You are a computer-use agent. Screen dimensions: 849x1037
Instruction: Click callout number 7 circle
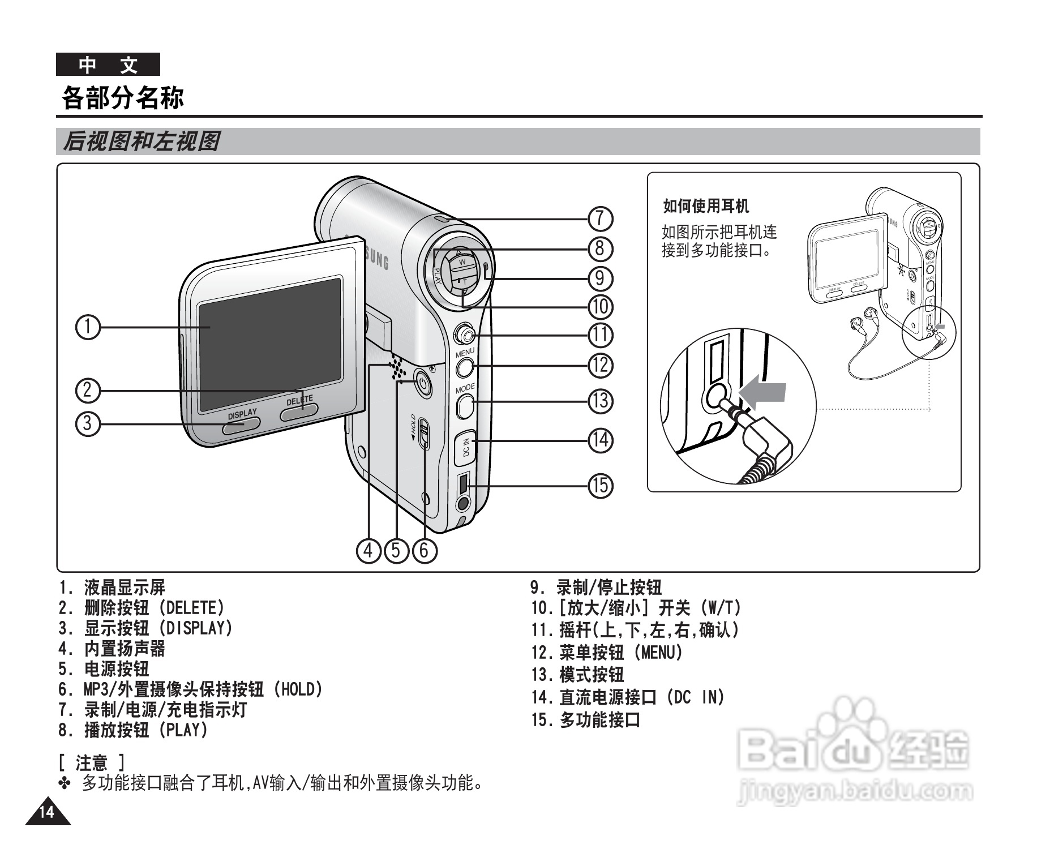601,218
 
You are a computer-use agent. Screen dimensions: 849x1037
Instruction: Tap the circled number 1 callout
88,327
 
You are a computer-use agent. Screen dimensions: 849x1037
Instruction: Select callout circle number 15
601,485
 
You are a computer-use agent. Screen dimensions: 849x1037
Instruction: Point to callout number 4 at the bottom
368,550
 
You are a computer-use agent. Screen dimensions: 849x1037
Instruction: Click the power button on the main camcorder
422,384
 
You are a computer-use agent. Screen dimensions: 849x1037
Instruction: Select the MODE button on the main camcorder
465,405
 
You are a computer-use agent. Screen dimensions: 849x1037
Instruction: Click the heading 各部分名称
123,97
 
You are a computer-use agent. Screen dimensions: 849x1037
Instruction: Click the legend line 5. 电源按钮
104,669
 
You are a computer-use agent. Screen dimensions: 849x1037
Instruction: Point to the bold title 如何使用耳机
706,206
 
